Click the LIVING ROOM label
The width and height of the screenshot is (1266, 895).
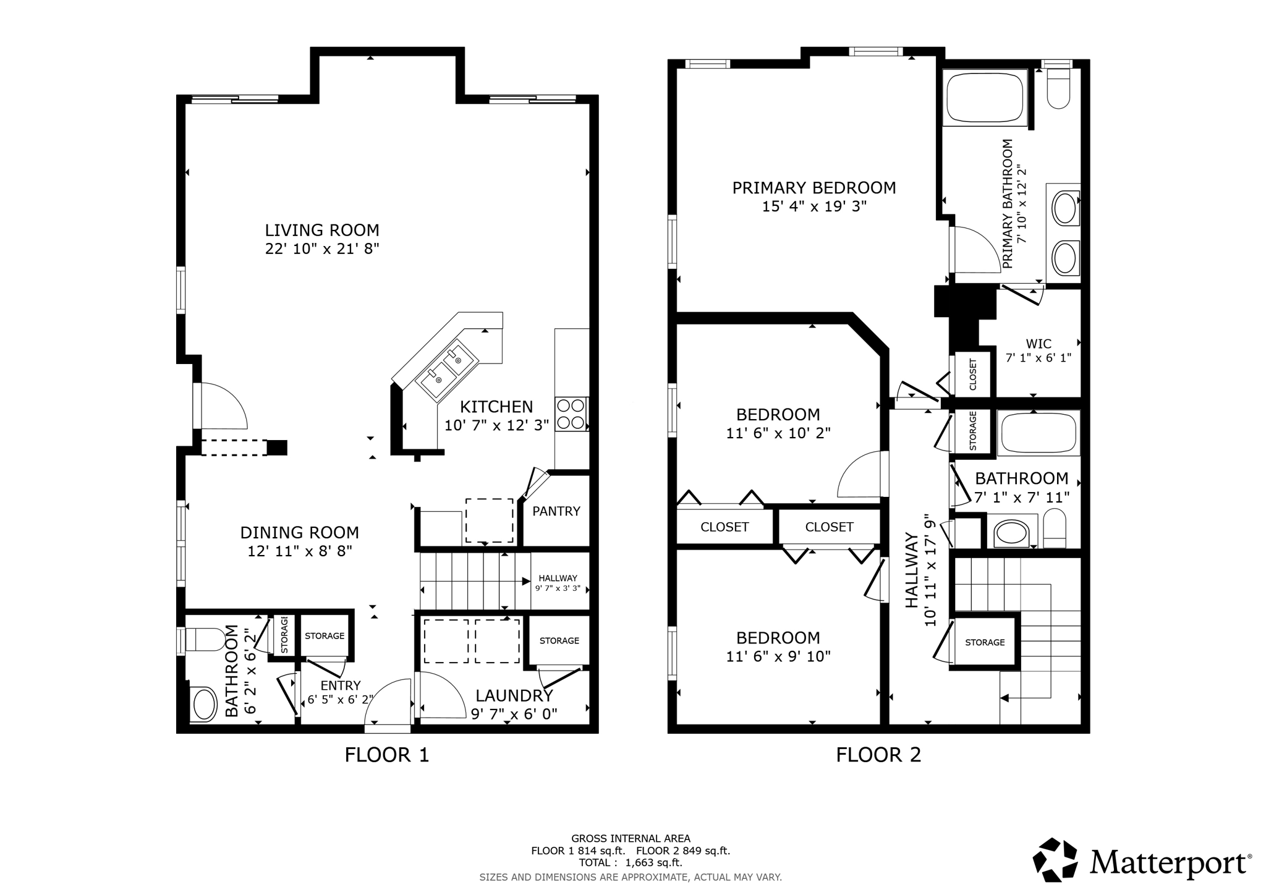pyautogui.click(x=321, y=230)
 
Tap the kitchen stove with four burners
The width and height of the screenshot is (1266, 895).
pyautogui.click(x=571, y=414)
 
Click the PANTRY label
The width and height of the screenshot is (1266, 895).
pyautogui.click(x=556, y=511)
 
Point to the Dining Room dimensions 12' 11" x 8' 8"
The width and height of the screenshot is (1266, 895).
pyautogui.click(x=300, y=551)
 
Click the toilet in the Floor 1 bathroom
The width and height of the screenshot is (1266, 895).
pyautogui.click(x=205, y=640)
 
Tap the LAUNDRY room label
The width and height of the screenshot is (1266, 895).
pyautogui.click(x=514, y=695)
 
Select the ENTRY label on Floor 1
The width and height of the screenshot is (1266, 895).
pyautogui.click(x=341, y=685)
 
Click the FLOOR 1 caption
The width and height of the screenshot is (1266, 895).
pyautogui.click(x=386, y=755)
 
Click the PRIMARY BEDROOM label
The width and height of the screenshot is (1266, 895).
pyautogui.click(x=814, y=188)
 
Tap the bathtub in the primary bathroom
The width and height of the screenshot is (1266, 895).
pyautogui.click(x=984, y=98)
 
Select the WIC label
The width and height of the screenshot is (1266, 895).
pyautogui.click(x=1039, y=344)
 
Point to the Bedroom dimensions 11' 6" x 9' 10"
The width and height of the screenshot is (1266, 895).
pyautogui.click(x=778, y=656)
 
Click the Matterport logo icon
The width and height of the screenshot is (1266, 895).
pyautogui.click(x=1056, y=859)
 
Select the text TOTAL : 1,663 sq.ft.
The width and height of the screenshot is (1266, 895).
pyautogui.click(x=631, y=862)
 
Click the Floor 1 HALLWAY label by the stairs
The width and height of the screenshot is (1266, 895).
pyautogui.click(x=558, y=578)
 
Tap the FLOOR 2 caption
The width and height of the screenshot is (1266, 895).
pyautogui.click(x=878, y=755)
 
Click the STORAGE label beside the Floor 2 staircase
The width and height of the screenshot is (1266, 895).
pyautogui.click(x=985, y=642)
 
